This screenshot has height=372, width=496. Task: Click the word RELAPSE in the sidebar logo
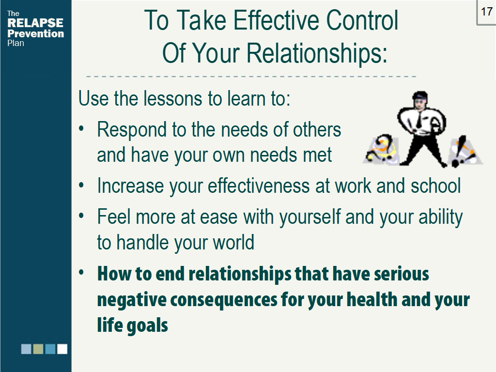tap(35, 23)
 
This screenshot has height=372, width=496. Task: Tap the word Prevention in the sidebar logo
tap(35, 33)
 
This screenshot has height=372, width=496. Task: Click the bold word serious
tap(401, 274)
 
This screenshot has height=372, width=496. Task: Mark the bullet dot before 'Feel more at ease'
tap(82, 217)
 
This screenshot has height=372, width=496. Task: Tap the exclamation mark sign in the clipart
tap(462, 151)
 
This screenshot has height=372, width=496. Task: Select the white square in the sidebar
tap(62, 349)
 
